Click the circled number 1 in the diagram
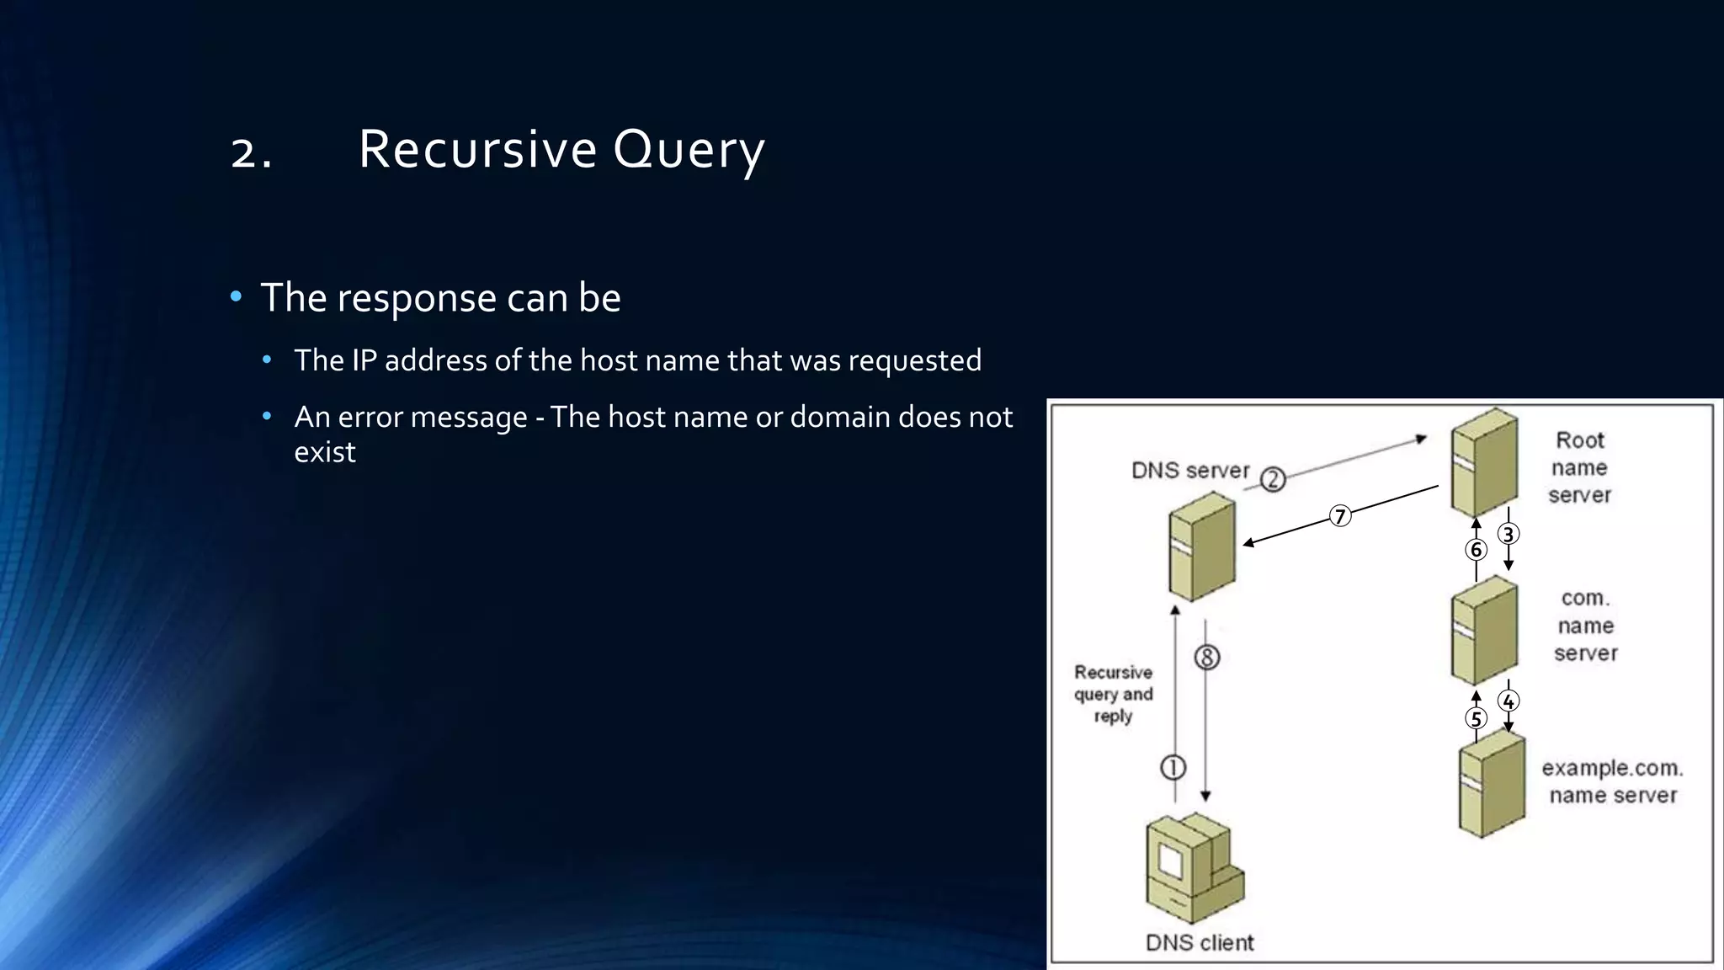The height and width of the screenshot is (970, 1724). pyautogui.click(x=1173, y=767)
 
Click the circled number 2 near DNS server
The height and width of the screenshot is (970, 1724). pyautogui.click(x=1273, y=479)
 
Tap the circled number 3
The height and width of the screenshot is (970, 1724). pyautogui.click(x=1508, y=534)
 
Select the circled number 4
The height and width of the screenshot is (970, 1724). pyautogui.click(x=1508, y=701)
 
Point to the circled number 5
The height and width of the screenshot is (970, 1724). pyautogui.click(x=1476, y=718)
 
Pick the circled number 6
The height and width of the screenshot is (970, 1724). pyautogui.click(x=1476, y=550)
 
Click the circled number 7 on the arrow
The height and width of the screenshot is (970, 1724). pyautogui.click(x=1340, y=515)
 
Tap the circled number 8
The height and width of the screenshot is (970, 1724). pyautogui.click(x=1207, y=657)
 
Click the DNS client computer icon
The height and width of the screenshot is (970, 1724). pyautogui.click(x=1193, y=867)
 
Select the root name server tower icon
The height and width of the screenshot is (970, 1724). pyautogui.click(x=1484, y=462)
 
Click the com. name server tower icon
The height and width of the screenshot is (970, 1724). pyautogui.click(x=1484, y=630)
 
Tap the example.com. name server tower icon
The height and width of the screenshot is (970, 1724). pyautogui.click(x=1491, y=783)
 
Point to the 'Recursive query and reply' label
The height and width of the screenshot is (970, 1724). pyautogui.click(x=1113, y=694)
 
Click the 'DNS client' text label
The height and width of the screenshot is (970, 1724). pyautogui.click(x=1200, y=942)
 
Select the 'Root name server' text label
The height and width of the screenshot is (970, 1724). pyautogui.click(x=1579, y=467)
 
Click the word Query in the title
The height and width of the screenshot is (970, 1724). pyautogui.click(x=688, y=150)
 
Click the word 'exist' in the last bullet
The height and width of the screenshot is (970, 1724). pyautogui.click(x=325, y=452)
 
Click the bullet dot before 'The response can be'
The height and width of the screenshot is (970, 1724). pyautogui.click(x=236, y=296)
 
